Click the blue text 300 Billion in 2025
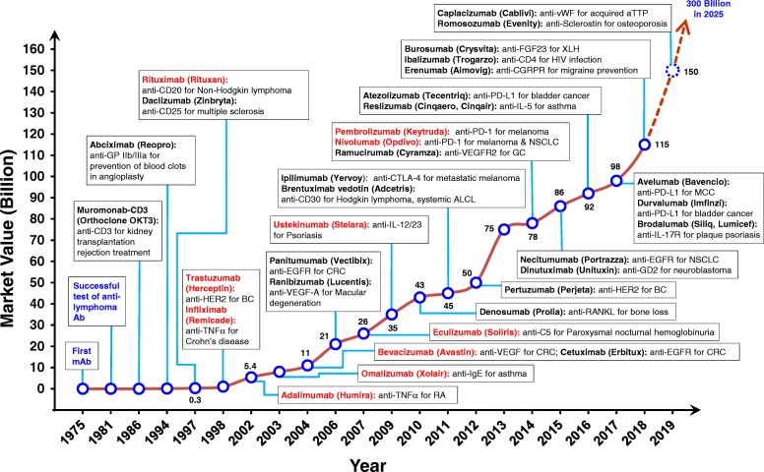click(728, 24)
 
